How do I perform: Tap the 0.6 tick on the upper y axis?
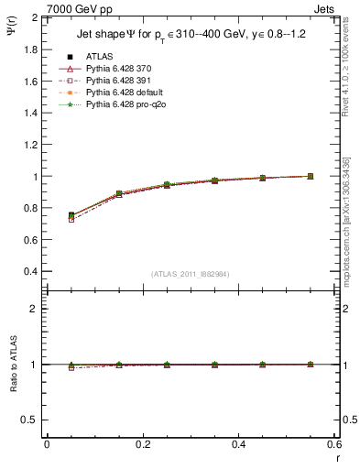(x=31, y=240)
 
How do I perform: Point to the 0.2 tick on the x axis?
(x=142, y=443)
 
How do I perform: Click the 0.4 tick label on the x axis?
(x=238, y=443)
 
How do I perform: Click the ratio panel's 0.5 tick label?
(x=30, y=420)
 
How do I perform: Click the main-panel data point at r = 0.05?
(x=71, y=216)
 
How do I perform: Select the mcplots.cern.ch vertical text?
(x=353, y=229)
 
